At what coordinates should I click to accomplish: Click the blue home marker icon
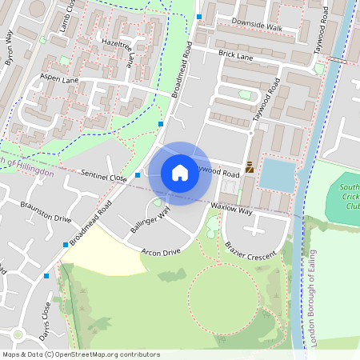180,173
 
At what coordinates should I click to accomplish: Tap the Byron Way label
10,48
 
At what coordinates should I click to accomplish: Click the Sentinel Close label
103,174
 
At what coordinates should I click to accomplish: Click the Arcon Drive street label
162,251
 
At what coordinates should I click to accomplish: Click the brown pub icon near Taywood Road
250,167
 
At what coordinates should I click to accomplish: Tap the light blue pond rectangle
277,174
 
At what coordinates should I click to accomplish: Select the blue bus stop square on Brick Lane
198,16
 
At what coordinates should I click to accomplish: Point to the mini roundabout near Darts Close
18,334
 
